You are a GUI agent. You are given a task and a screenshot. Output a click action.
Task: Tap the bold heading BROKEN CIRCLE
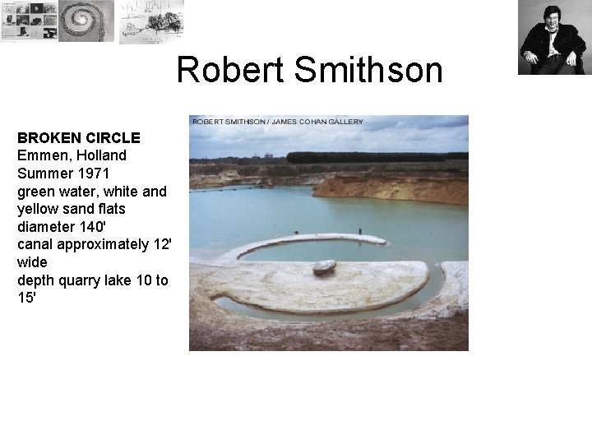pyautogui.click(x=79, y=137)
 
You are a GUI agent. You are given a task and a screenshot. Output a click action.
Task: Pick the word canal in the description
pyautogui.click(x=36, y=245)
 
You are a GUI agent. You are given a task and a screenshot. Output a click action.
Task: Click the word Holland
pyautogui.click(x=99, y=155)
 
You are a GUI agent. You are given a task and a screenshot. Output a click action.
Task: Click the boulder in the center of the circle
pyautogui.click(x=324, y=267)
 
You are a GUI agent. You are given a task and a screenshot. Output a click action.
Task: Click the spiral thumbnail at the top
pyautogui.click(x=86, y=21)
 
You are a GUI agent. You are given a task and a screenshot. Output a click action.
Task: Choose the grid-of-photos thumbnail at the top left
pyautogui.click(x=29, y=21)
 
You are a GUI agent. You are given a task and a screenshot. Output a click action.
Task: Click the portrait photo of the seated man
pyautogui.click(x=552, y=38)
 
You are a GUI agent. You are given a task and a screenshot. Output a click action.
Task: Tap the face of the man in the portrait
pyautogui.click(x=552, y=17)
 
